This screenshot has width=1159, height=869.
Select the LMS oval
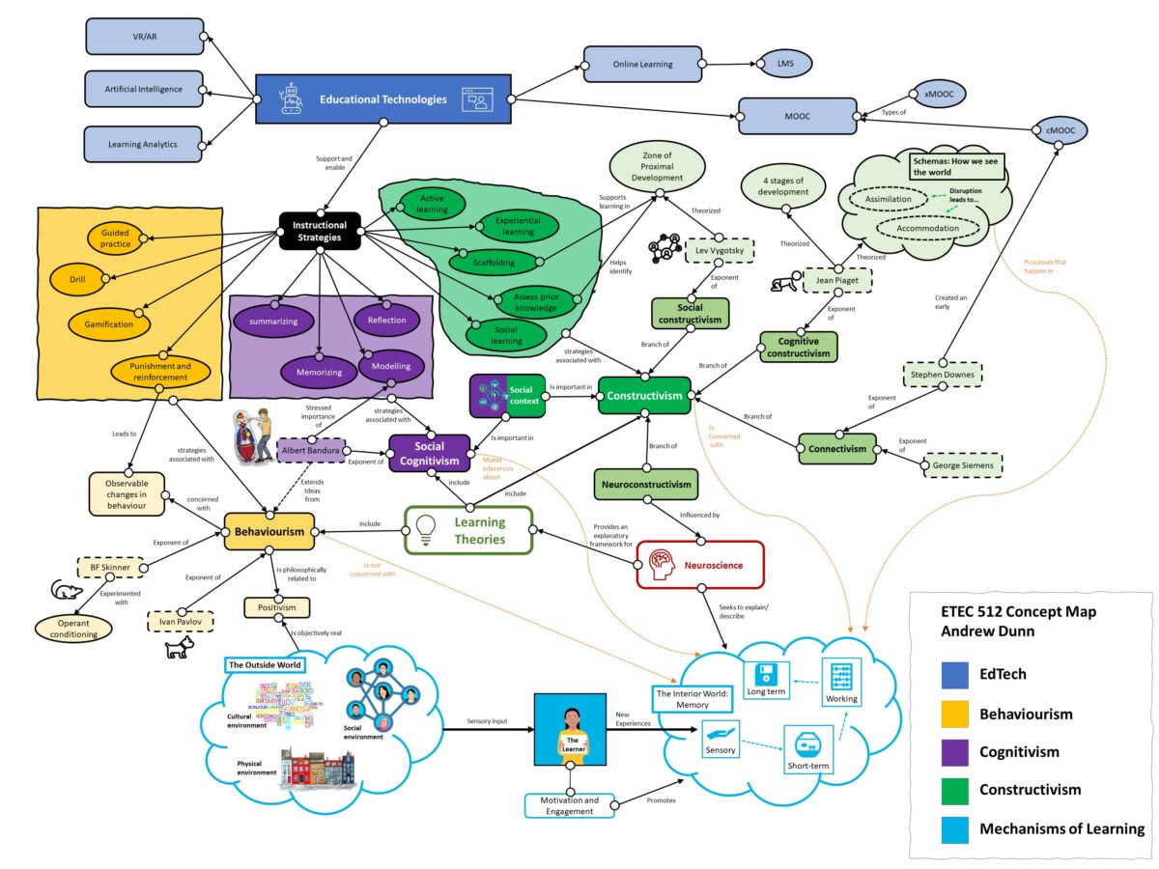[785, 65]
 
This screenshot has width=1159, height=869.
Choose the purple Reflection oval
[386, 320]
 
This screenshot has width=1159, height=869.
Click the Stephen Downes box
[942, 376]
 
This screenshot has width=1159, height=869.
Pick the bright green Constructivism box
[644, 396]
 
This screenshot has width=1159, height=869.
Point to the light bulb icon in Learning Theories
[425, 530]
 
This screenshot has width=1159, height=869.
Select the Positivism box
[276, 607]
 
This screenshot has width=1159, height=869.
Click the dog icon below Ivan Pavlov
[178, 651]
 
